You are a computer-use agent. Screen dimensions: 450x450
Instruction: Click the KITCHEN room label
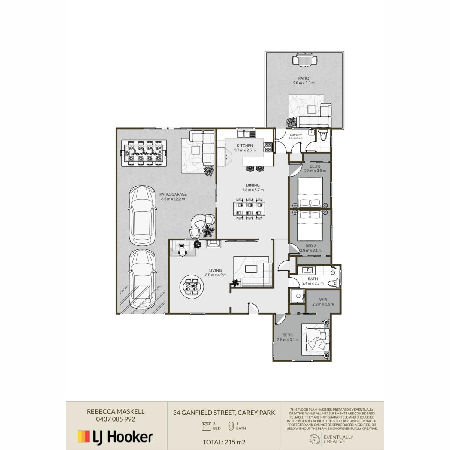pos(245,145)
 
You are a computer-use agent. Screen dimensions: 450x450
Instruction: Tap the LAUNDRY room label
pos(296,135)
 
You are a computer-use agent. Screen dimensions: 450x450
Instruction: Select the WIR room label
pos(323,299)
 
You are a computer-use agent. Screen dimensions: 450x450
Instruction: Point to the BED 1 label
pos(288,335)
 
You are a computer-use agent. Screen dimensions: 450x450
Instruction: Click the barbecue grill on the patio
pos(305,60)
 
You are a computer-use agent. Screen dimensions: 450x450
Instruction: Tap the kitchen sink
pos(247,134)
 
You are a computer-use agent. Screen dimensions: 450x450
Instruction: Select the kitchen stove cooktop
pos(268,147)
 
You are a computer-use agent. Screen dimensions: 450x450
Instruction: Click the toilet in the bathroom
pos(333,283)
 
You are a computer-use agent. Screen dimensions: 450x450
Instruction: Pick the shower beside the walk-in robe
pos(297,296)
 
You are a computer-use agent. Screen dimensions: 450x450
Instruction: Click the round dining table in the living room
pos(192,286)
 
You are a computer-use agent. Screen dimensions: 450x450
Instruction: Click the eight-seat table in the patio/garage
pos(144,153)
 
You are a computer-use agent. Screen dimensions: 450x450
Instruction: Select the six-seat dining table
pos(249,209)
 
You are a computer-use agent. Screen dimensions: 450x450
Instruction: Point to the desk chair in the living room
pos(182,253)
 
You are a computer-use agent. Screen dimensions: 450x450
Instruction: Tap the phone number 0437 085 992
pos(115,419)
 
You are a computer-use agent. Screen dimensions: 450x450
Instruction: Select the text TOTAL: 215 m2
pos(224,442)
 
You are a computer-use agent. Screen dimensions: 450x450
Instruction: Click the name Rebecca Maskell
pos(115,411)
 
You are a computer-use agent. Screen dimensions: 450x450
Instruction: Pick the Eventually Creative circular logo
pos(314,439)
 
